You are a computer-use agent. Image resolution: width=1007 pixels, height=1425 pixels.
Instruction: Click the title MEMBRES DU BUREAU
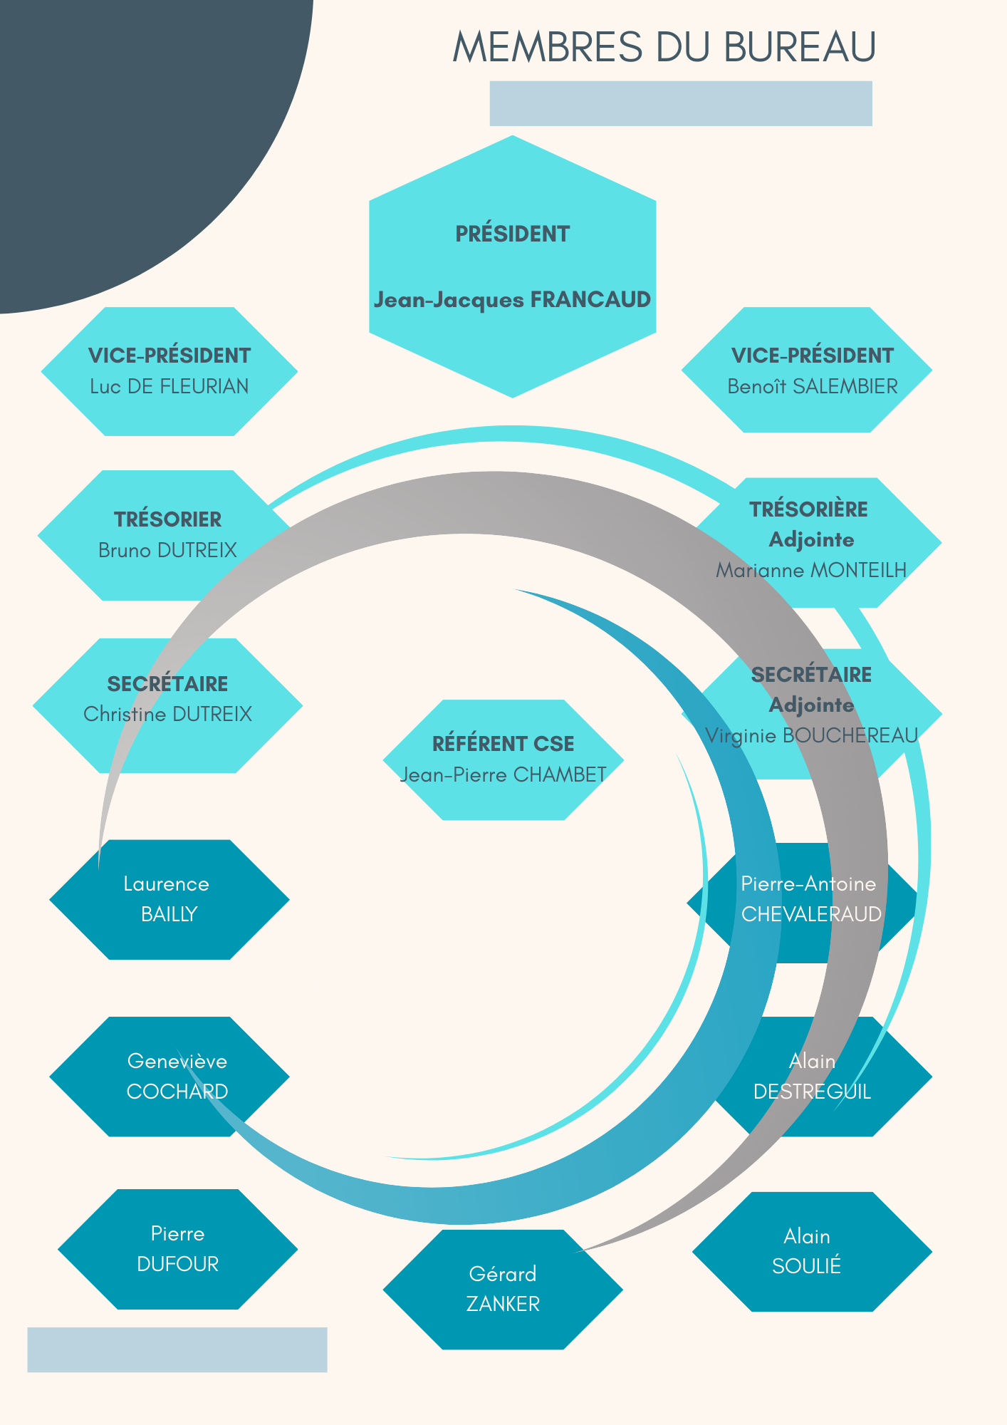click(x=664, y=47)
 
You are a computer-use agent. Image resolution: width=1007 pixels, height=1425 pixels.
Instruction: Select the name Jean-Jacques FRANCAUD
click(x=512, y=300)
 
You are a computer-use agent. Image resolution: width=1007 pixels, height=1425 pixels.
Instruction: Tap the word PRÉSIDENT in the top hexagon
click(x=512, y=234)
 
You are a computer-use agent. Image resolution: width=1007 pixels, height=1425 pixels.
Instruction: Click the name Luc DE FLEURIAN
click(x=169, y=386)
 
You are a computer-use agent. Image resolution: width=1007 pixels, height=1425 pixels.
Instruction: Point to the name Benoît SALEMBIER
click(x=812, y=386)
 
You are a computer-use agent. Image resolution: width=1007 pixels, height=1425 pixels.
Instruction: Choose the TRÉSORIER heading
click(x=167, y=519)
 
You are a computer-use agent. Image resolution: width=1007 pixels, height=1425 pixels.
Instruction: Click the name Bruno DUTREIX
click(x=167, y=550)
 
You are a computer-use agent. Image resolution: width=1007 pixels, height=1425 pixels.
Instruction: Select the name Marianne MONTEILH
click(x=811, y=570)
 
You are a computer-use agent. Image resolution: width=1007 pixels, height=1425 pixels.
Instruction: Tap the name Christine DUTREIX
click(x=167, y=714)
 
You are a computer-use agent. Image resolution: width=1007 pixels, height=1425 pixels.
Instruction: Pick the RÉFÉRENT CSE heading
click(x=503, y=744)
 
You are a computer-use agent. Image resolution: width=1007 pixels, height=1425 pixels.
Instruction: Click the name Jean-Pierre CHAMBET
click(x=503, y=774)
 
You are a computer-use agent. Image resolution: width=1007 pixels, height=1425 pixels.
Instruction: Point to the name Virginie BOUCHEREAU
click(x=811, y=735)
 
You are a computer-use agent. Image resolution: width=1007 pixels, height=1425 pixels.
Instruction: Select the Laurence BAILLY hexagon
click(x=169, y=899)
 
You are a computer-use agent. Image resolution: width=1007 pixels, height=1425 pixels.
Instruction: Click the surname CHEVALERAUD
click(x=811, y=914)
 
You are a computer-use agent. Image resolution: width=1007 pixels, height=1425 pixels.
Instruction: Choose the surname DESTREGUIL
click(x=812, y=1092)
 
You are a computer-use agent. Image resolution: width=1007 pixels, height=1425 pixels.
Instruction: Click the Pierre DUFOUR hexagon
click(x=177, y=1249)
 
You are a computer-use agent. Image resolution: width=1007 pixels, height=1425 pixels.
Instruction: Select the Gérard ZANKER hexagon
click(x=503, y=1289)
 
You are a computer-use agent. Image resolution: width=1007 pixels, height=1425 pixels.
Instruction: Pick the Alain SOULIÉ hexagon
click(x=811, y=1251)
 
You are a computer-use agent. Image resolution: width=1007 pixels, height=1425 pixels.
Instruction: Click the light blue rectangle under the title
click(x=680, y=103)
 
